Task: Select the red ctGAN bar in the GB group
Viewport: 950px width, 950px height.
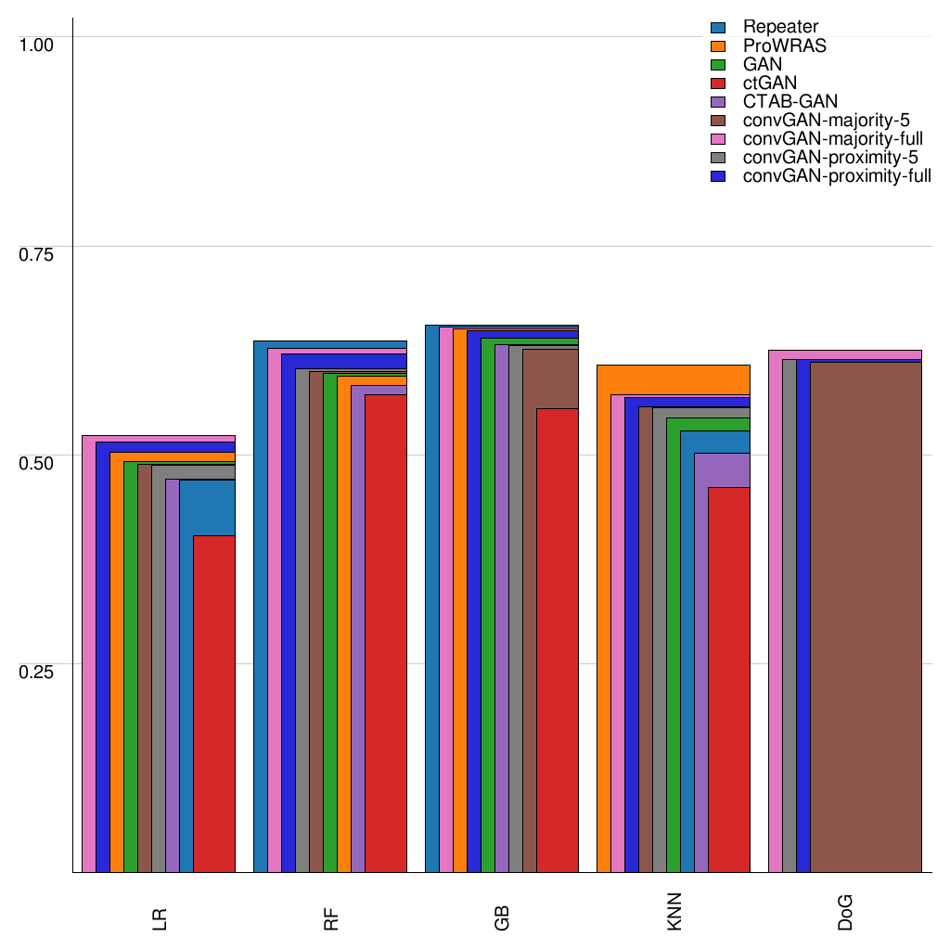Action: (557, 640)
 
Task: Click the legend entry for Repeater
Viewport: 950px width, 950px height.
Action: (780, 28)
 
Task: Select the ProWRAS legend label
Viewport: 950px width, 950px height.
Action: (784, 46)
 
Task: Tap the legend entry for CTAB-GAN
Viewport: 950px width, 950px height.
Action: (790, 102)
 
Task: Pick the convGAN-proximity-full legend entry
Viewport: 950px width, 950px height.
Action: (837, 176)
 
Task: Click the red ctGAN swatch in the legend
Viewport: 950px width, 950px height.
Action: (717, 83)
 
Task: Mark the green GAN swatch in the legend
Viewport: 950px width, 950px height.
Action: (717, 65)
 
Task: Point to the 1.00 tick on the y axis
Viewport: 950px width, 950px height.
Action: (38, 44)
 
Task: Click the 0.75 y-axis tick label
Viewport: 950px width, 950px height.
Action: (38, 253)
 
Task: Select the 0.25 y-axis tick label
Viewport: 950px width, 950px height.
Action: (38, 672)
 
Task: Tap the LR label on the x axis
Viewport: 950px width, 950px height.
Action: (160, 919)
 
